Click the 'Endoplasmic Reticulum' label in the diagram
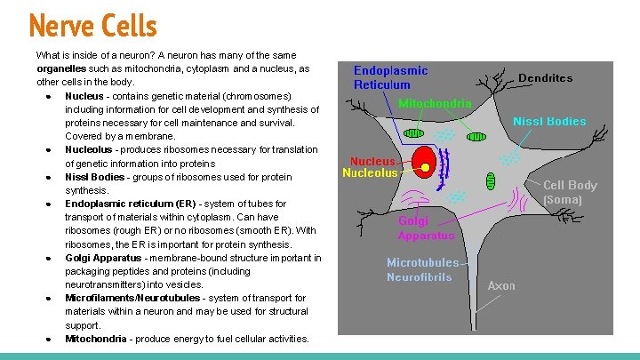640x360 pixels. click(x=390, y=77)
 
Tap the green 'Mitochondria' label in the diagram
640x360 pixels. click(x=435, y=103)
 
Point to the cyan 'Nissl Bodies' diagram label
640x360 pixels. click(x=549, y=121)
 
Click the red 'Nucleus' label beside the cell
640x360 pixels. click(x=372, y=162)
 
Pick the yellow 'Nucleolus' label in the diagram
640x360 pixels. click(x=370, y=173)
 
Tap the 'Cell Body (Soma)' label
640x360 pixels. click(x=570, y=192)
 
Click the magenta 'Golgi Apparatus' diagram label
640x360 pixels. click(x=426, y=228)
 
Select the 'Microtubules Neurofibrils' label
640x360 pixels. click(x=422, y=269)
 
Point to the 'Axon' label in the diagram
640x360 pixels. click(x=501, y=285)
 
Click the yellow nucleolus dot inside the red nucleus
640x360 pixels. click(x=426, y=167)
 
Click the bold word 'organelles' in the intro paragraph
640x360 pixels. click(x=63, y=68)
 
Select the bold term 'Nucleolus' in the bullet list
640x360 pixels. click(x=90, y=149)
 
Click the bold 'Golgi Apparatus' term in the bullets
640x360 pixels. click(x=103, y=258)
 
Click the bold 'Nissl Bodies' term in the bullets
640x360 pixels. click(x=95, y=177)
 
